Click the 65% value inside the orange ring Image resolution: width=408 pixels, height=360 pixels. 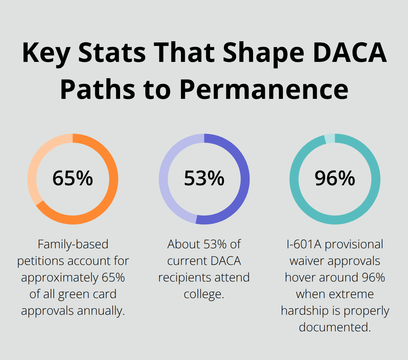(73, 178)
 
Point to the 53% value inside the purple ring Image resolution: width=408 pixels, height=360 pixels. (204, 178)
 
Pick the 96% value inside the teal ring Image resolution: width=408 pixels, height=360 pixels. (335, 178)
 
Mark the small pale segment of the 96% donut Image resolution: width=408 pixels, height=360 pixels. (329, 138)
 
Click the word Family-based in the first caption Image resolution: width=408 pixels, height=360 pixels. (73, 245)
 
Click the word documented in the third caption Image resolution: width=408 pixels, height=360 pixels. (334, 327)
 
